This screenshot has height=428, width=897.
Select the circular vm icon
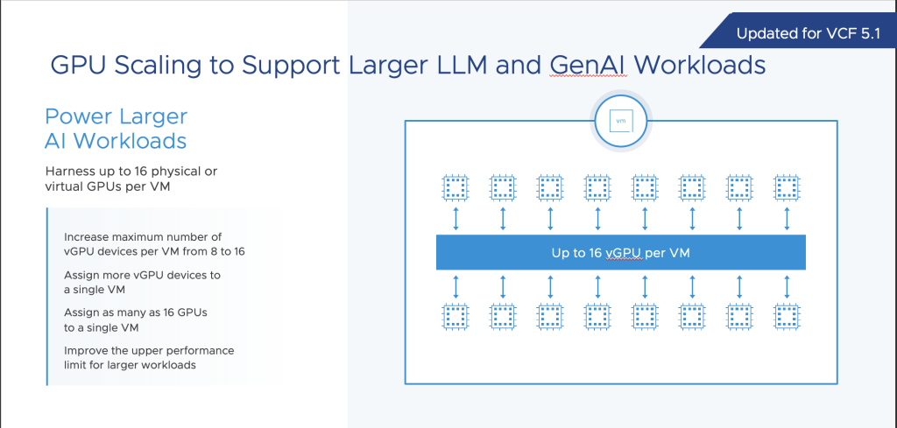620,122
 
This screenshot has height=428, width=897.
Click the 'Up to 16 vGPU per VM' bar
620,252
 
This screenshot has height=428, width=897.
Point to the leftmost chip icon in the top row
455,187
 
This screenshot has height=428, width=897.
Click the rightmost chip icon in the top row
785,187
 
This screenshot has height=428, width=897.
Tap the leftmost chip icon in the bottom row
455,318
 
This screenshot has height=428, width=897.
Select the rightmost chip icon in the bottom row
785,318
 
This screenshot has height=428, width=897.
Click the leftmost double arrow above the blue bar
456,219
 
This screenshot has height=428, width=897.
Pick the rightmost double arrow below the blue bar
786,285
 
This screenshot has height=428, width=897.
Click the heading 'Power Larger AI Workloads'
116,129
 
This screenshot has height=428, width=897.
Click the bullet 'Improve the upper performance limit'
149,357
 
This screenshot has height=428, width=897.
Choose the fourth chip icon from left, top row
597,187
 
